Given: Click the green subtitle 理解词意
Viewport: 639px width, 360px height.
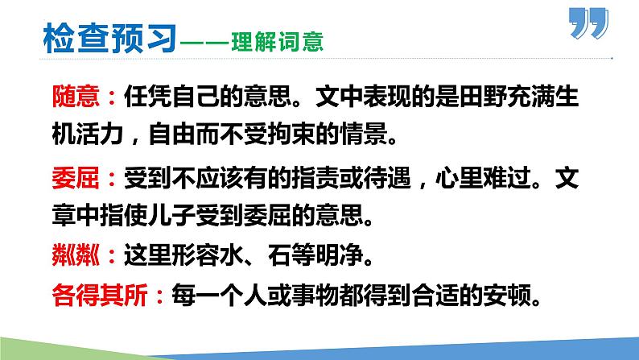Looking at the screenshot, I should (278, 41).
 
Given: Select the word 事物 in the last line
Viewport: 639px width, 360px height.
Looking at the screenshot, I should (307, 296).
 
